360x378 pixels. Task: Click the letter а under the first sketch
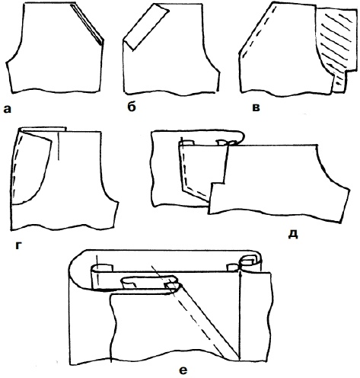pyautogui.click(x=8, y=109)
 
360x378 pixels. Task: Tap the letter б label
pyautogui.click(x=132, y=107)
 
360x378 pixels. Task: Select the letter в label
pyautogui.click(x=256, y=107)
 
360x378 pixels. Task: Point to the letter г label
pyautogui.click(x=18, y=245)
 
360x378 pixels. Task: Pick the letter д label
pyautogui.click(x=293, y=235)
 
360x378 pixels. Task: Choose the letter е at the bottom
pyautogui.click(x=183, y=370)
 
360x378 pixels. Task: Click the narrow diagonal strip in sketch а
pyautogui.click(x=87, y=24)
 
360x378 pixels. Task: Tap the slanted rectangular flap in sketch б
pyautogui.click(x=145, y=27)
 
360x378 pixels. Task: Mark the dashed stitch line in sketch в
pyautogui.click(x=258, y=31)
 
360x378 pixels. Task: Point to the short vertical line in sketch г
pyautogui.click(x=59, y=146)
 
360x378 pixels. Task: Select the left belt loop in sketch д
pyautogui.click(x=186, y=143)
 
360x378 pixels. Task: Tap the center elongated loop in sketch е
pyautogui.click(x=147, y=282)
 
